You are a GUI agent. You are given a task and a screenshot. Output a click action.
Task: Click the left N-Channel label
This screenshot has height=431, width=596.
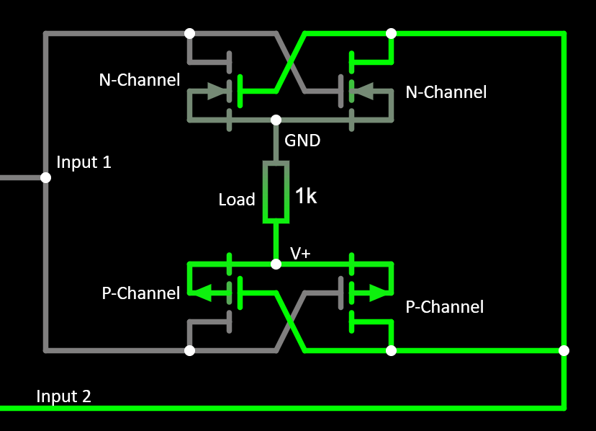point(139,80)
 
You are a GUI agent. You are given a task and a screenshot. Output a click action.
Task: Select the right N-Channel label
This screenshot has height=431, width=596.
point(446,92)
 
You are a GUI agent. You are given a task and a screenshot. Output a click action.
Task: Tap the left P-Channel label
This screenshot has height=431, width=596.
point(140,293)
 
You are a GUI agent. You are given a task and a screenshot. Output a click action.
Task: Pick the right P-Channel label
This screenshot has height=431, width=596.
point(445,307)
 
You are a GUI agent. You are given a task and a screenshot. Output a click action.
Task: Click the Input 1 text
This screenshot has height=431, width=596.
point(83,162)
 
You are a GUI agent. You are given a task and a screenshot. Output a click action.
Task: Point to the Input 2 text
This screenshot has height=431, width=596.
point(63,396)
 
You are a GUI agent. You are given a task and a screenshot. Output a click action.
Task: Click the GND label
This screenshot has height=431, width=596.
point(302,141)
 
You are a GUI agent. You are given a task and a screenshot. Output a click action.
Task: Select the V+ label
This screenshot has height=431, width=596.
point(301,253)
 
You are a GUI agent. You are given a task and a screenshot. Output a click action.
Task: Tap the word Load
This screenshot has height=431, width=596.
point(237,200)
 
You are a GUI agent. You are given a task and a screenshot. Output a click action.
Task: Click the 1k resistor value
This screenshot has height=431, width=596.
point(306,196)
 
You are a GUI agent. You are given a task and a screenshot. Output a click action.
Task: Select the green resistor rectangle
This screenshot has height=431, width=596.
point(276,192)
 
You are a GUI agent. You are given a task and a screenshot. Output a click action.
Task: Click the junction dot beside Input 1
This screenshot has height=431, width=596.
point(45,177)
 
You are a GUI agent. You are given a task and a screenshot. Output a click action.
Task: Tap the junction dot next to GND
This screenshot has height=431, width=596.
point(276,120)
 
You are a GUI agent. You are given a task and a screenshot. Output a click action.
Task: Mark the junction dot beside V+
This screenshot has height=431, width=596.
point(276,265)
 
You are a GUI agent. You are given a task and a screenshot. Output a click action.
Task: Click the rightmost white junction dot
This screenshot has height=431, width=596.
point(564,351)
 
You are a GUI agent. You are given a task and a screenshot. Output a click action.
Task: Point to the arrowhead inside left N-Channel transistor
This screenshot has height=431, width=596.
point(215,92)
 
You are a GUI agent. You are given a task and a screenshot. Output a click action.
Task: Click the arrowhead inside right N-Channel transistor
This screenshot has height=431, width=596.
point(364,92)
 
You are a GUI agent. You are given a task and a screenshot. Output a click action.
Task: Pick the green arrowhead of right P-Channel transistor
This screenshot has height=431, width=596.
point(377,293)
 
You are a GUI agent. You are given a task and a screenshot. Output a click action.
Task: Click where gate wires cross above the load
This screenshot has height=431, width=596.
point(291,63)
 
